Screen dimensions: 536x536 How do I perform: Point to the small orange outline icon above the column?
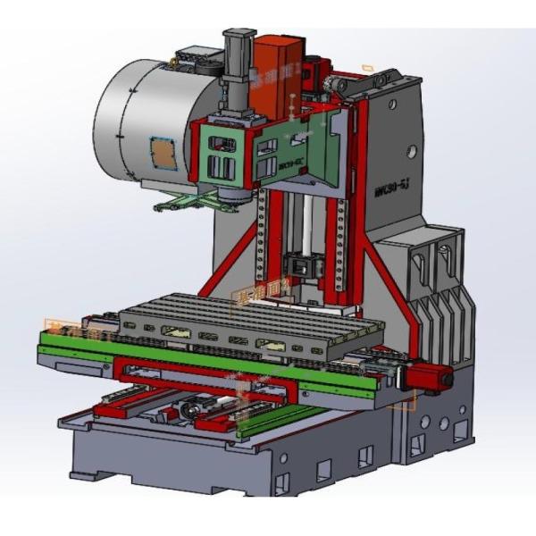(367, 67)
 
